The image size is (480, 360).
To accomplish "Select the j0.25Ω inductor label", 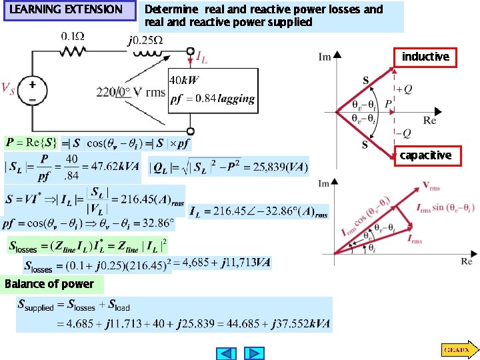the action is click(145, 41).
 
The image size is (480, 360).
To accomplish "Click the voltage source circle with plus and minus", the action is click(31, 91).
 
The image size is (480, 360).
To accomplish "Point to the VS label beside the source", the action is click(8, 89).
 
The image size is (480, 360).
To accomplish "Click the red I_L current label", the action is click(201, 59).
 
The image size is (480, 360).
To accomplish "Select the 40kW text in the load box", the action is click(184, 81).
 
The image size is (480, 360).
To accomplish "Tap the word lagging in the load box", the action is click(237, 99).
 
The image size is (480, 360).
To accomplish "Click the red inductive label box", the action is click(425, 57).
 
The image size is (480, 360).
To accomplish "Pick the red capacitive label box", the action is click(425, 155).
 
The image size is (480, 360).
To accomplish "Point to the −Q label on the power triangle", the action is click(404, 133).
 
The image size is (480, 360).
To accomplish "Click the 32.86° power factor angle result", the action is click(155, 222).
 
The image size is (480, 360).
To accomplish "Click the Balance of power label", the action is click(49, 284).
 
